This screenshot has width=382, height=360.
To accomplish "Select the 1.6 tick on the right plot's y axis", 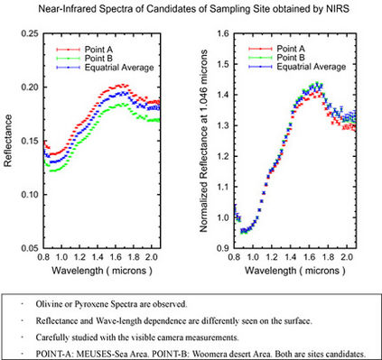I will coord(222,33).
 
